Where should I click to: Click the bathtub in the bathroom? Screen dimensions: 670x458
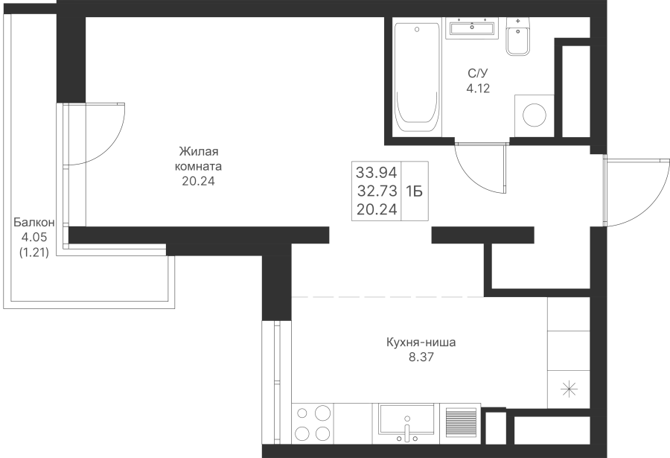[417, 77]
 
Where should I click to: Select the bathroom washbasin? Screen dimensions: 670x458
[472, 28]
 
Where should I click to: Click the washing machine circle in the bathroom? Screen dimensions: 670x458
[535, 115]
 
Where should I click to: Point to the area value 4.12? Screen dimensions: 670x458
[478, 89]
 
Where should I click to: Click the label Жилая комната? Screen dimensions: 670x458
[199, 159]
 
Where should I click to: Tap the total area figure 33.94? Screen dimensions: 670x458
[377, 172]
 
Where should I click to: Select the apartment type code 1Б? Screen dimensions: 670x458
[414, 191]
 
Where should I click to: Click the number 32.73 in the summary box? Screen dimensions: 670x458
[377, 191]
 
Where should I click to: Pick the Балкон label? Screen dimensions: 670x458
[33, 223]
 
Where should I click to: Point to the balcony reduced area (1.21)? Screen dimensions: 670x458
[34, 252]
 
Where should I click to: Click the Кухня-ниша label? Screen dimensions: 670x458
[421, 343]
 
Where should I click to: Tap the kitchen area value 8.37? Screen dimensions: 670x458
[421, 357]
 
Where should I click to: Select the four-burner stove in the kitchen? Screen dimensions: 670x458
[313, 423]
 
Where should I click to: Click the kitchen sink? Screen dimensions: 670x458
[406, 423]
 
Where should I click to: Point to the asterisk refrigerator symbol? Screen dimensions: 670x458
[569, 389]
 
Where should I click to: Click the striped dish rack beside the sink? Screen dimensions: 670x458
[461, 422]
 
